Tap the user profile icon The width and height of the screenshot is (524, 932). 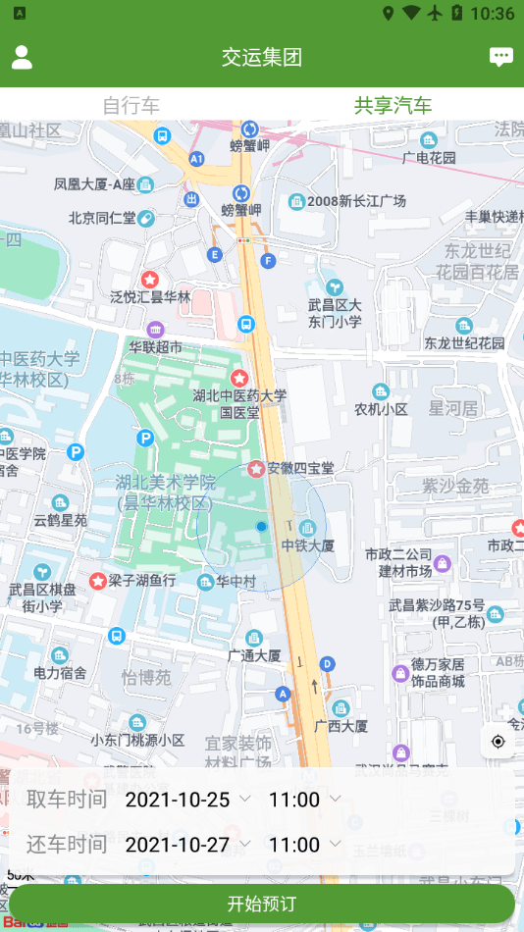pyautogui.click(x=22, y=57)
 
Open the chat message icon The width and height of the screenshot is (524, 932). pyautogui.click(x=501, y=57)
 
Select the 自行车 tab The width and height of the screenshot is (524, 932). pyautogui.click(x=131, y=105)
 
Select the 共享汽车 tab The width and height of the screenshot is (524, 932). pyautogui.click(x=393, y=105)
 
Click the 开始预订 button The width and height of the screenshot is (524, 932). pyautogui.click(x=262, y=904)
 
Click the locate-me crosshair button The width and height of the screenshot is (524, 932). pyautogui.click(x=498, y=742)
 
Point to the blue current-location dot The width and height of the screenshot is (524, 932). pyautogui.click(x=261, y=527)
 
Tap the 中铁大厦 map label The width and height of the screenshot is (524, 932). pyautogui.click(x=308, y=544)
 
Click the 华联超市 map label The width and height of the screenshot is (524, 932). pyautogui.click(x=155, y=346)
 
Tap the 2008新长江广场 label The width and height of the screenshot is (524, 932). pyautogui.click(x=355, y=201)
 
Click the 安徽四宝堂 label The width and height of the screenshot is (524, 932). pyautogui.click(x=299, y=468)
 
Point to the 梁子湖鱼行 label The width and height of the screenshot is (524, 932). pyautogui.click(x=141, y=581)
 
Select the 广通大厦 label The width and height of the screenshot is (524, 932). pyautogui.click(x=254, y=654)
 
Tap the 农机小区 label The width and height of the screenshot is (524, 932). pyautogui.click(x=381, y=408)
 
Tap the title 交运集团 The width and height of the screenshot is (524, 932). pyautogui.click(x=262, y=57)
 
